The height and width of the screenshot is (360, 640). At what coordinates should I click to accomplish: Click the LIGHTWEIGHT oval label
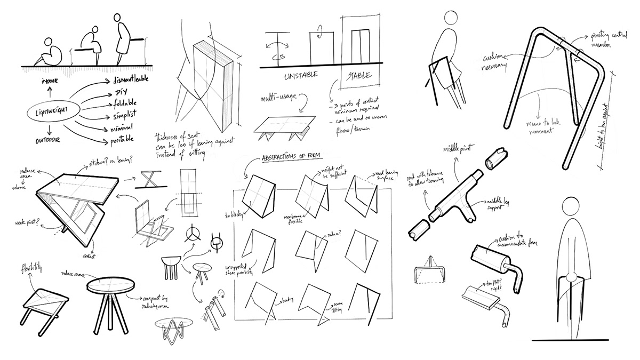47,113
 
